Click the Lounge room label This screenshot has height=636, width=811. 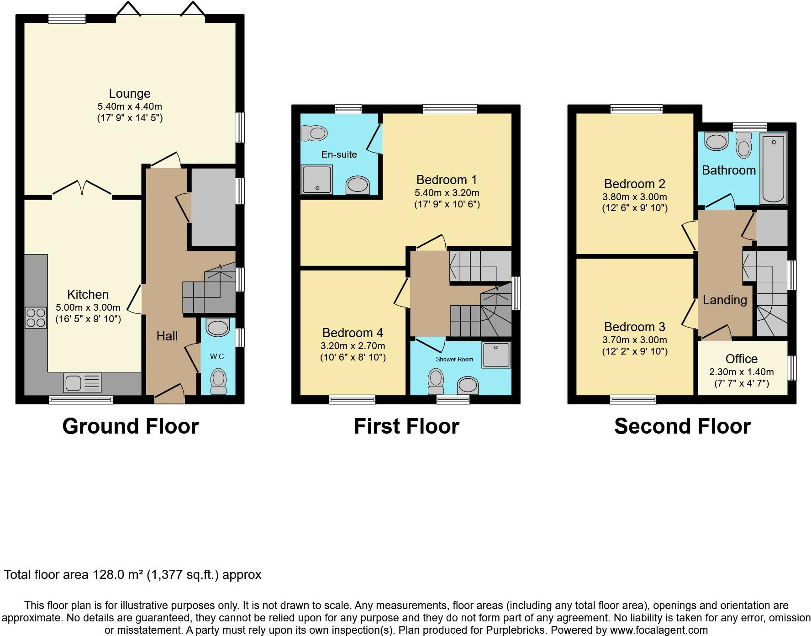click(x=130, y=94)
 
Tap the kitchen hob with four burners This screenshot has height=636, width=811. click(x=36, y=318)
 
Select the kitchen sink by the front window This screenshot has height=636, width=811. click(x=83, y=382)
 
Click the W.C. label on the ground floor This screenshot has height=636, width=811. click(x=218, y=356)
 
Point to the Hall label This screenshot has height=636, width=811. click(x=167, y=336)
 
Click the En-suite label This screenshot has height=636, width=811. click(x=339, y=154)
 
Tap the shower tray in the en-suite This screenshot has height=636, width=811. click(x=316, y=180)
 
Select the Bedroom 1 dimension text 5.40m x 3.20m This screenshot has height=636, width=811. click(x=447, y=192)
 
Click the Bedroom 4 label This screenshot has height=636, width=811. click(x=353, y=333)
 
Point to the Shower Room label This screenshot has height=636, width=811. click(x=454, y=359)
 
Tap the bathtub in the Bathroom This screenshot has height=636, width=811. click(x=773, y=168)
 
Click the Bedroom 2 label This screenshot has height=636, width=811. click(x=635, y=184)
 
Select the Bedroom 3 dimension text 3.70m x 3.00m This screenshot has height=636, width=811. click(x=635, y=340)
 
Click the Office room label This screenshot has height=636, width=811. click(x=742, y=359)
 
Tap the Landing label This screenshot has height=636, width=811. click(x=725, y=300)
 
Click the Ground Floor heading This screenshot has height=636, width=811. click(x=131, y=426)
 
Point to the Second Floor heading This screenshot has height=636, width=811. click(x=682, y=426)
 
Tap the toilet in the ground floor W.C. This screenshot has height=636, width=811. click(x=219, y=381)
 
